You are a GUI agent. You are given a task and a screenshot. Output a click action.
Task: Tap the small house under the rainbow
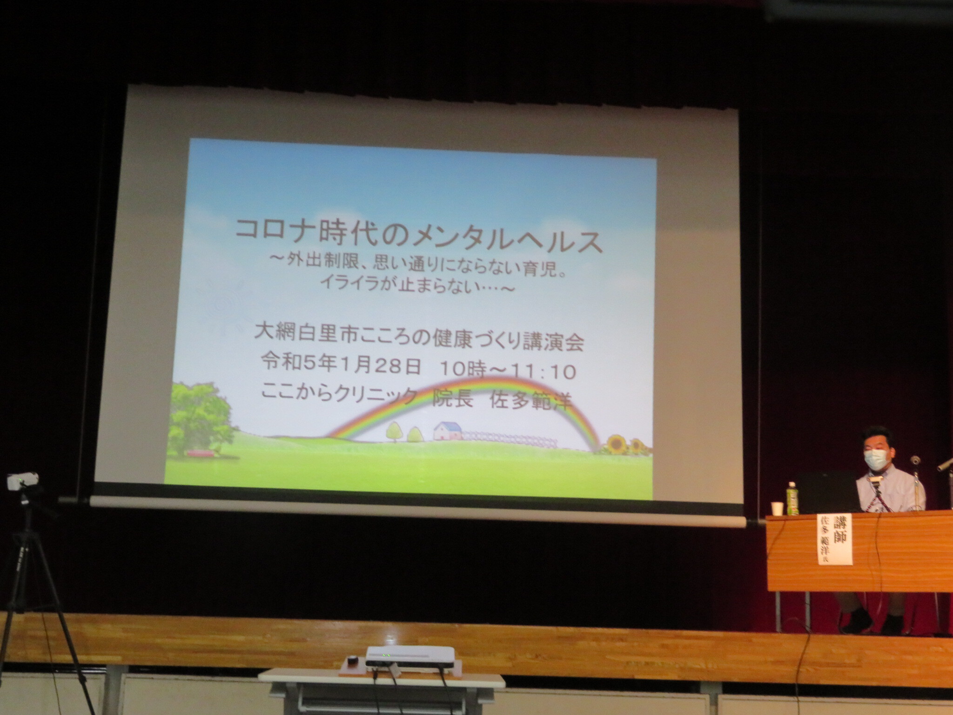pyautogui.click(x=447, y=431)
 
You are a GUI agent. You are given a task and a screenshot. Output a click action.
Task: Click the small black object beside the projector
pyautogui.click(x=352, y=660)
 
